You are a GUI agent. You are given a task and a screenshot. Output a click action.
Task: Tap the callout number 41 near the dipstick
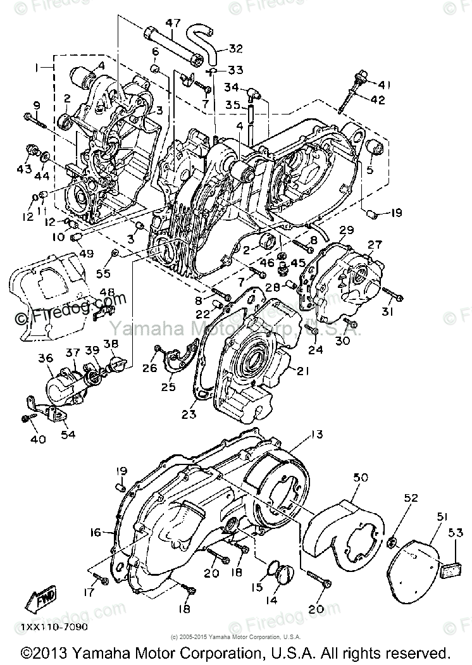[386, 85]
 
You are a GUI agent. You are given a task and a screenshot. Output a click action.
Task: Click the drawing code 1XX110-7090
[54, 627]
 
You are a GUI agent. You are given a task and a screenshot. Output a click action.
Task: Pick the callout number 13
[316, 434]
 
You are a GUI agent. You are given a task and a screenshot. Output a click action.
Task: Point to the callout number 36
[45, 358]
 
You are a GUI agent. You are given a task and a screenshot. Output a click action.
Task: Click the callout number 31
[387, 313]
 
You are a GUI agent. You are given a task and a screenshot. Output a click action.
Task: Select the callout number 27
[375, 244]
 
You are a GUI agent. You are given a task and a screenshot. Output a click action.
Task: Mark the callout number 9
[36, 105]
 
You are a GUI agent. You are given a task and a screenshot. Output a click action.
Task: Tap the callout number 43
[24, 169]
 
